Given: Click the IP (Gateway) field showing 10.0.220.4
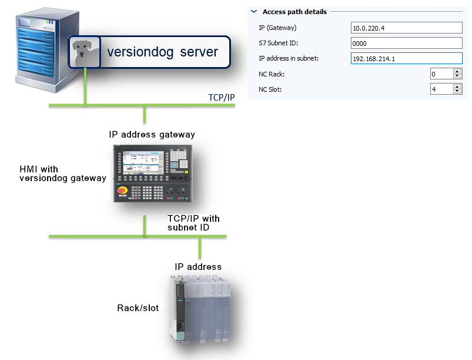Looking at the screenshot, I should [x=406, y=28].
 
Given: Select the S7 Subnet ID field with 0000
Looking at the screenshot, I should [x=406, y=43].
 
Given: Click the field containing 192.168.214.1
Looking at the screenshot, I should [x=406, y=58].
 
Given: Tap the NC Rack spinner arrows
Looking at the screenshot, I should [x=457, y=74].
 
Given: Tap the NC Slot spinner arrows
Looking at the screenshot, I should [x=457, y=89].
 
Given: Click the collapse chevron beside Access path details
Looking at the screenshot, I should [x=254, y=11].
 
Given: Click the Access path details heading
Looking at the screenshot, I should [x=294, y=11].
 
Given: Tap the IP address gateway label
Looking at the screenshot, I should [x=152, y=135].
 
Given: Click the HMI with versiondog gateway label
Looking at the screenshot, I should [x=62, y=174].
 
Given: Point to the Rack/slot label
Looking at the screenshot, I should [x=138, y=308].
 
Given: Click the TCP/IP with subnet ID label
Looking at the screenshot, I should [x=193, y=223].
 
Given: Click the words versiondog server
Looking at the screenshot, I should [x=162, y=52].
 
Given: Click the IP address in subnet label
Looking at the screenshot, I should [x=288, y=59].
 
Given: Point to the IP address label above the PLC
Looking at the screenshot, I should [x=198, y=266].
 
